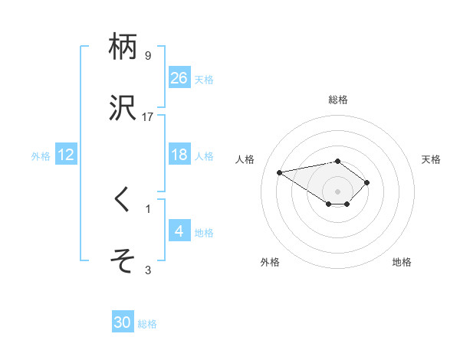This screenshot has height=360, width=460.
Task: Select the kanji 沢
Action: click(x=123, y=107)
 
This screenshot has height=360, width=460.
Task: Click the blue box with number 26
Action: click(x=179, y=77)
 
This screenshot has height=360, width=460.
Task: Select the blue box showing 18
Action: click(x=179, y=155)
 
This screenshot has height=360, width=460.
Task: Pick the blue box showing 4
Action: click(x=179, y=231)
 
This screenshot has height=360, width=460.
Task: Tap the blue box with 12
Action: click(x=66, y=155)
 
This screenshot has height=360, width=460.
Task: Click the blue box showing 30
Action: click(x=123, y=322)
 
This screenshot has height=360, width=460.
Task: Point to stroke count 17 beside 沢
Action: click(x=148, y=117)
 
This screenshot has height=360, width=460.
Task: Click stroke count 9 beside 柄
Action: click(x=148, y=56)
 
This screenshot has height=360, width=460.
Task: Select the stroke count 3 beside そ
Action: click(x=148, y=270)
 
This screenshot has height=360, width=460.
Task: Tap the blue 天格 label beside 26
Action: click(x=204, y=79)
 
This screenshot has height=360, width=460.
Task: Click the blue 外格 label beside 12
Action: click(x=41, y=155)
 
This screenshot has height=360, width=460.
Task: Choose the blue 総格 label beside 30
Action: click(x=147, y=324)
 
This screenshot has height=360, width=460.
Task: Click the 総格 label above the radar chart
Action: click(x=338, y=100)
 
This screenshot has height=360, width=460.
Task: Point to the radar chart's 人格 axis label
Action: click(x=246, y=159)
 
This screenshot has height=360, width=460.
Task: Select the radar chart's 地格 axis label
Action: click(x=402, y=262)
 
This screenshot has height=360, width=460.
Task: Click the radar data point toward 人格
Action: click(x=280, y=172)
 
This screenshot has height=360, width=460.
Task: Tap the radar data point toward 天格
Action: click(x=367, y=182)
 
